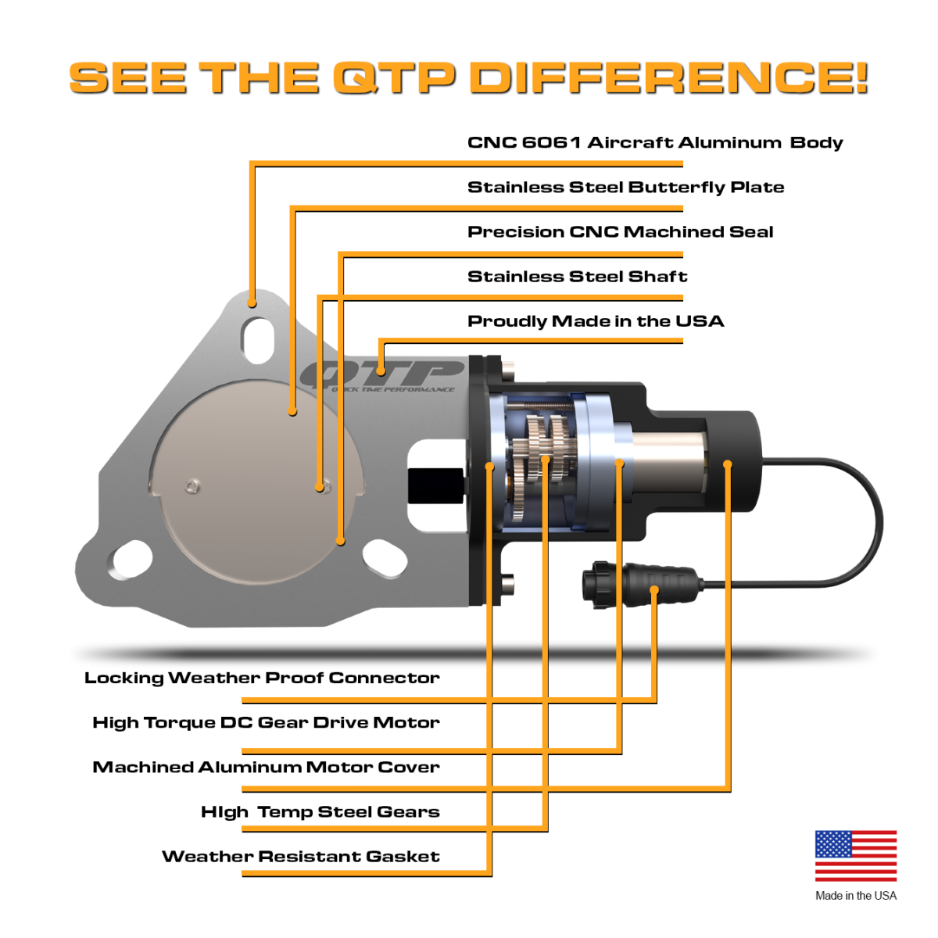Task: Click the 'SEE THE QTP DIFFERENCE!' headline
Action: (469, 78)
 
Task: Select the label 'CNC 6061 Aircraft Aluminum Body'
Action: (655, 143)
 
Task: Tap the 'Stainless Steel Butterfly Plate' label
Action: (625, 188)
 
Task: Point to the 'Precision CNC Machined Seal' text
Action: (620, 232)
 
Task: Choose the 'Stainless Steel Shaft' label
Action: (577, 277)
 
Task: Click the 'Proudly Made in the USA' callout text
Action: (596, 321)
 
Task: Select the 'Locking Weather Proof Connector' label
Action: (262, 678)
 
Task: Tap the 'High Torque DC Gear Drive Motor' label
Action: (266, 723)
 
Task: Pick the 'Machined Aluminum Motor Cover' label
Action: (266, 768)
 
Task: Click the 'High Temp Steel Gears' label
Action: (320, 812)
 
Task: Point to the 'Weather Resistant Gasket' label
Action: (301, 857)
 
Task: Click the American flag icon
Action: (856, 856)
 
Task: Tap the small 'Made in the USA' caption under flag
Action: (856, 896)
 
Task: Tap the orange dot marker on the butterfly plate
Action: (292, 411)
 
